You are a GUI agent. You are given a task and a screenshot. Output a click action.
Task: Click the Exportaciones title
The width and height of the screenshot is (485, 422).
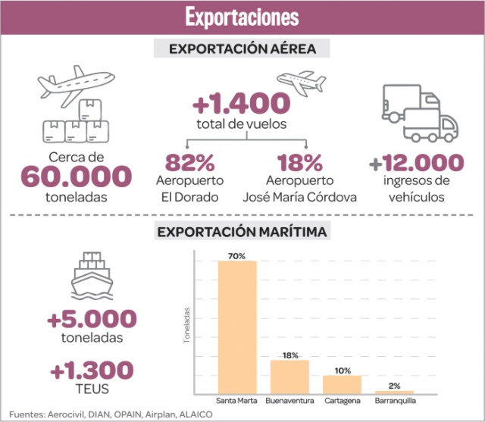coord(242,17)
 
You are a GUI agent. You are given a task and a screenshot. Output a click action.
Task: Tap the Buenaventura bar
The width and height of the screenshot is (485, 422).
coord(289,376)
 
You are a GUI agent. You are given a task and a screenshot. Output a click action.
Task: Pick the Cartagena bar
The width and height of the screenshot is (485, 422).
coord(342,383)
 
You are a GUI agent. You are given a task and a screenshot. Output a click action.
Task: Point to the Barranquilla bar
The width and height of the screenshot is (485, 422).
coord(394,391)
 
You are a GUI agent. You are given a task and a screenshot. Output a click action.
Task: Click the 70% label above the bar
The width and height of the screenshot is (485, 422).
coord(237,256)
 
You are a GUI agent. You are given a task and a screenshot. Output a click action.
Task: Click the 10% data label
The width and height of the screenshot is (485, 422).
coord(342,370)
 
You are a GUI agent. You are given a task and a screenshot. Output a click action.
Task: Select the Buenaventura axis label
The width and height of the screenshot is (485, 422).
coord(289,400)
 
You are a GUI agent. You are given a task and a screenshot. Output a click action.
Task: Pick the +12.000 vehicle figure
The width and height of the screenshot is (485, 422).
coord(415,162)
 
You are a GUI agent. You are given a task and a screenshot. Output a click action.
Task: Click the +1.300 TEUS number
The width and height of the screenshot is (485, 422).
coord(92,370)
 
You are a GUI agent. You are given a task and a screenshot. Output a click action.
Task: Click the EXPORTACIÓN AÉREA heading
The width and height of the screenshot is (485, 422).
coord(242,49)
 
